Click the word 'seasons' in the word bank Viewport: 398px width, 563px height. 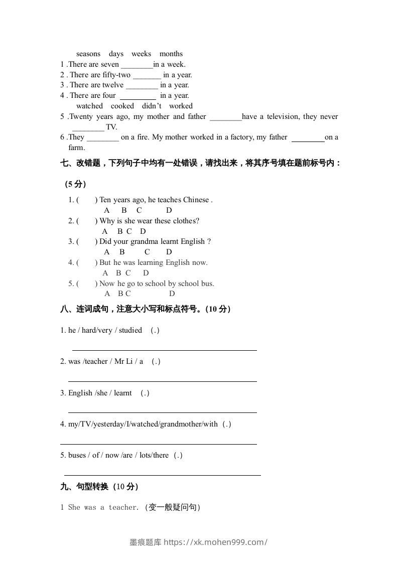coord(88,54)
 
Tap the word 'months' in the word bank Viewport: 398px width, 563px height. coord(171,54)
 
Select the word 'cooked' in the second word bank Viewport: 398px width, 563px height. coord(122,106)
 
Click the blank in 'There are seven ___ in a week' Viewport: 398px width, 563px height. coord(137,65)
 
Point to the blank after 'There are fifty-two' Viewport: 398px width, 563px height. coord(147,75)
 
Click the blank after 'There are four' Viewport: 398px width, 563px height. coord(138,96)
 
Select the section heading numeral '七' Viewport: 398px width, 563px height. coord(64,163)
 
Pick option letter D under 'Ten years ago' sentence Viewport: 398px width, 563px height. coord(169,210)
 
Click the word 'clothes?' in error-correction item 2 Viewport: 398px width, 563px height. coord(185,221)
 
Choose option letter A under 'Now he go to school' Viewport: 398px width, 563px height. coord(107,294)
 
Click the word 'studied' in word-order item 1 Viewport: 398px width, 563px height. coord(130,330)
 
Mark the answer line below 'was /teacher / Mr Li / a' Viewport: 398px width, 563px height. coord(162,381)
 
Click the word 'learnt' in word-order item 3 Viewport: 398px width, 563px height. coord(123,393)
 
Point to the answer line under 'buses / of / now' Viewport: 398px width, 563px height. coord(162,474)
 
